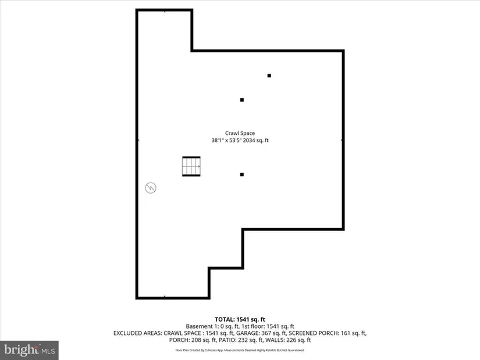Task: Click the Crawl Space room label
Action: pos(240,133)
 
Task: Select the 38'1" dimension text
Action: pos(218,140)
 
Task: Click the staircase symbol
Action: pos(191,166)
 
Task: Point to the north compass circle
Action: pos(151,188)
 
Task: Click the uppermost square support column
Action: pos(269,76)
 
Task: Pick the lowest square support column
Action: pos(242,174)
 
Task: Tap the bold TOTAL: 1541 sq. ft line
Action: pos(240,320)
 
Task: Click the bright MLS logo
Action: pos(29,350)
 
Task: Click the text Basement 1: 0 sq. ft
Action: pos(212,326)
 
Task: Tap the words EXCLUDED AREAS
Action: pos(137,333)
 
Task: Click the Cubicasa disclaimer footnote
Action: pos(240,350)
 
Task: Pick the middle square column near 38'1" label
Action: pos(242,100)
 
